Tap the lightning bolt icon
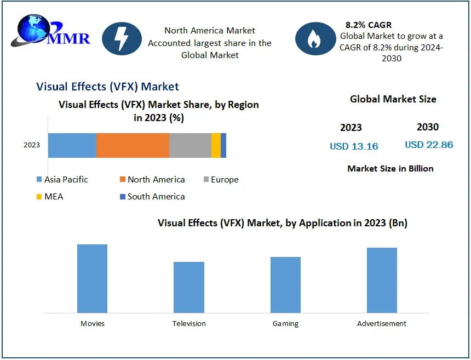coord(122,38)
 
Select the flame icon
coord(314,38)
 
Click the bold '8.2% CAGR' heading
coord(369,25)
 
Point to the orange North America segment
coord(133,145)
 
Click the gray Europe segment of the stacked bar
coord(190,145)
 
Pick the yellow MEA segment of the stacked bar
coord(216,145)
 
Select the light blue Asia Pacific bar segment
coord(72,145)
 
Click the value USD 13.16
coord(354,146)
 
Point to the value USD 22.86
coord(429,145)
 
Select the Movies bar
coord(92,278)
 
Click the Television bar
coord(189,287)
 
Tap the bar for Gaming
coord(285,284)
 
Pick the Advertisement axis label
coord(382,323)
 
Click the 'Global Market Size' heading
coord(393,99)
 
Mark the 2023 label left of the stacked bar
coord(32,145)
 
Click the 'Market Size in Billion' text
coord(390,169)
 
